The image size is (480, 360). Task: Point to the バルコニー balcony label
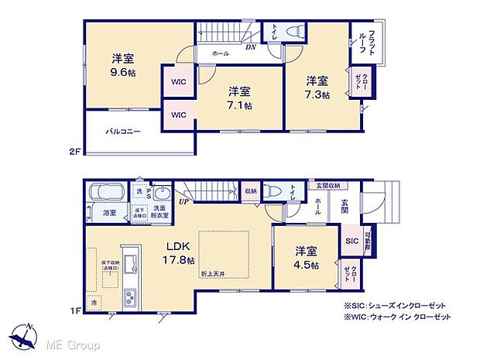(x=123, y=132)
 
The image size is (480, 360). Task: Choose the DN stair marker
(x=251, y=47)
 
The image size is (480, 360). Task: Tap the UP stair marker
(x=183, y=201)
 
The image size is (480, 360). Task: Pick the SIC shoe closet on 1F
(x=351, y=241)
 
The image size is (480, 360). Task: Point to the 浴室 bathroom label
(x=110, y=213)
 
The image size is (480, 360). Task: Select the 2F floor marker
(x=74, y=153)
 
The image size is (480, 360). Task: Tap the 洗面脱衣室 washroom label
(x=159, y=212)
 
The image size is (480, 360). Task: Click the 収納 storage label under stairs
(x=252, y=190)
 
